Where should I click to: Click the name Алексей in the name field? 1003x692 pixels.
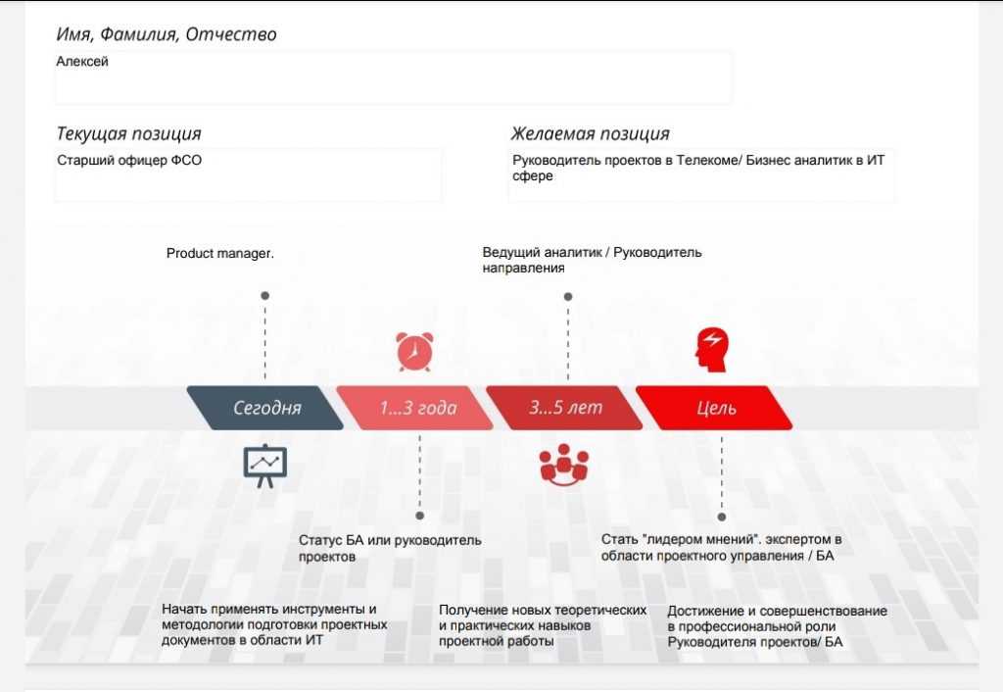pyautogui.click(x=82, y=62)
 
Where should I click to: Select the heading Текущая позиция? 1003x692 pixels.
pyautogui.click(x=128, y=133)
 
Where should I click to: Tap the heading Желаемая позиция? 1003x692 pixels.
pyautogui.click(x=590, y=133)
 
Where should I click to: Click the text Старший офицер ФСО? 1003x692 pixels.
pyautogui.click(x=129, y=160)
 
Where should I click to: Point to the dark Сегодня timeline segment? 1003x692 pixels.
pyautogui.click(x=265, y=408)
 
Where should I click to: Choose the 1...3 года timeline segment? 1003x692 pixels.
pyautogui.click(x=415, y=408)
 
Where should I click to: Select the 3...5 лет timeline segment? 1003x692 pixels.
pyautogui.click(x=565, y=408)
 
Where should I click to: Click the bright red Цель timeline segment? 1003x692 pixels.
pyautogui.click(x=714, y=408)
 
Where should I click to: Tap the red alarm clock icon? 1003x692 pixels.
pyautogui.click(x=414, y=352)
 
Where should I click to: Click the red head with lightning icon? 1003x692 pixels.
pyautogui.click(x=712, y=350)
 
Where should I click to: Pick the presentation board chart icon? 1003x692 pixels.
pyautogui.click(x=265, y=466)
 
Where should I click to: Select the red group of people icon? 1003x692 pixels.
pyautogui.click(x=563, y=466)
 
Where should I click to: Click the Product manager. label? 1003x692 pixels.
pyautogui.click(x=220, y=254)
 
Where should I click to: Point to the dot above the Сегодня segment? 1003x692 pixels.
pyautogui.click(x=264, y=296)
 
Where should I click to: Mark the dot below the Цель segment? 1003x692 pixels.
pyautogui.click(x=722, y=517)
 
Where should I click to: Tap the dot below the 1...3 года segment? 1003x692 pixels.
pyautogui.click(x=419, y=516)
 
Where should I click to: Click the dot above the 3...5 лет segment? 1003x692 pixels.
pyautogui.click(x=568, y=296)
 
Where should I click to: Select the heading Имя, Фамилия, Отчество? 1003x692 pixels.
pyautogui.click(x=167, y=34)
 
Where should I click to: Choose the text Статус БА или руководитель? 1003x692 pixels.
pyautogui.click(x=390, y=540)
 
